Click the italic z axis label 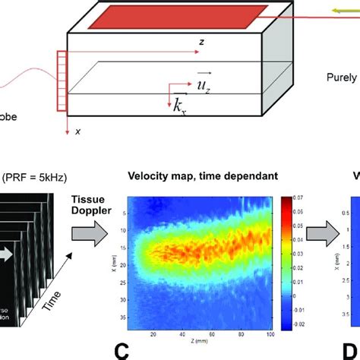(x=201, y=43)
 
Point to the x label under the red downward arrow (x=77, y=131)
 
